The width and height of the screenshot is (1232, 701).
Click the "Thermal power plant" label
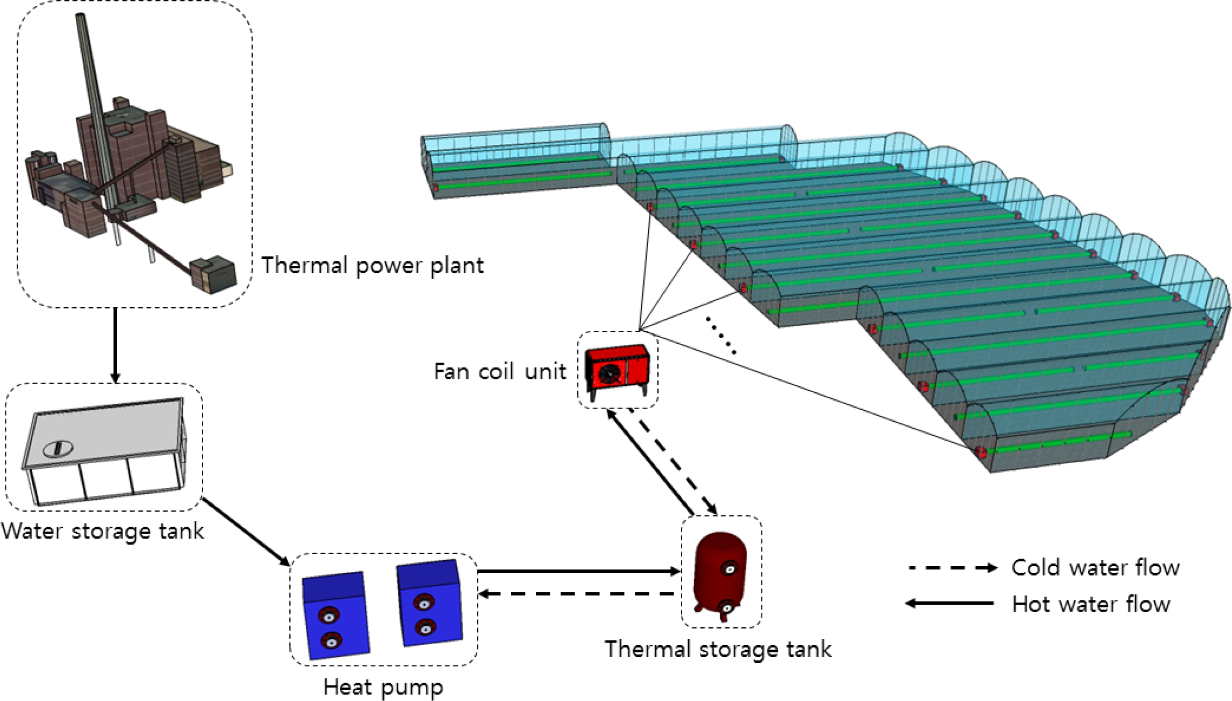tap(372, 266)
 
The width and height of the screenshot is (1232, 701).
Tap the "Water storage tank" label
tap(103, 532)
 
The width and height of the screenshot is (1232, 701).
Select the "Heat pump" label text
tap(383, 687)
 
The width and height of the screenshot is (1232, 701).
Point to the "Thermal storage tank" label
tap(718, 649)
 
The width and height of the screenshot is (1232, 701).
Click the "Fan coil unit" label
tap(500, 372)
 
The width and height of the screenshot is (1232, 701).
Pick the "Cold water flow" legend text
tap(1095, 568)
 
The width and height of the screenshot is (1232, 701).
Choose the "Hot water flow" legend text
tap(1091, 604)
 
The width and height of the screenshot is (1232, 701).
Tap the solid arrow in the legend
tap(949, 604)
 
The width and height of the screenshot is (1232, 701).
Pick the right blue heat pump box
tap(429, 603)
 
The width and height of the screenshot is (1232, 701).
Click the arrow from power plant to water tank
tap(114, 345)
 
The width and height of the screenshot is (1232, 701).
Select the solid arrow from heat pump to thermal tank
tap(578, 571)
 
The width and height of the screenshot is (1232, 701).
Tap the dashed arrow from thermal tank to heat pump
tap(578, 594)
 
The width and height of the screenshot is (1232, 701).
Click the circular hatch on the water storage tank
tap(56, 448)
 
